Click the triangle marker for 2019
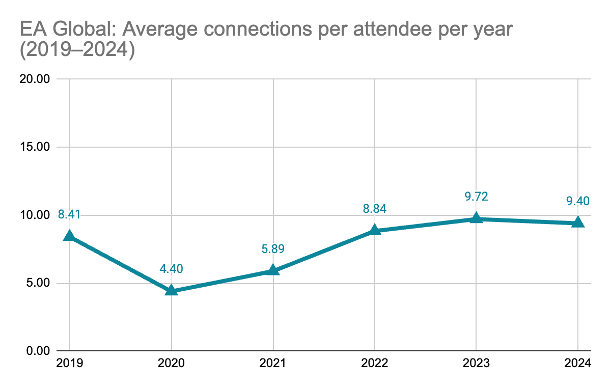point(69,236)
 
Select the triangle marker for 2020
point(172,290)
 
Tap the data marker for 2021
point(273,270)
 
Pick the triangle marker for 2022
point(375,230)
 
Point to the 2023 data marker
point(476,218)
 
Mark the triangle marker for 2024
point(578,222)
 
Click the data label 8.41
point(69,214)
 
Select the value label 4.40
point(172,268)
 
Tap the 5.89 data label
point(273,249)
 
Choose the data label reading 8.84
point(375,209)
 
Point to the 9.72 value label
point(476,197)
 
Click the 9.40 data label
point(578,201)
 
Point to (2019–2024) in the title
point(77,51)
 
